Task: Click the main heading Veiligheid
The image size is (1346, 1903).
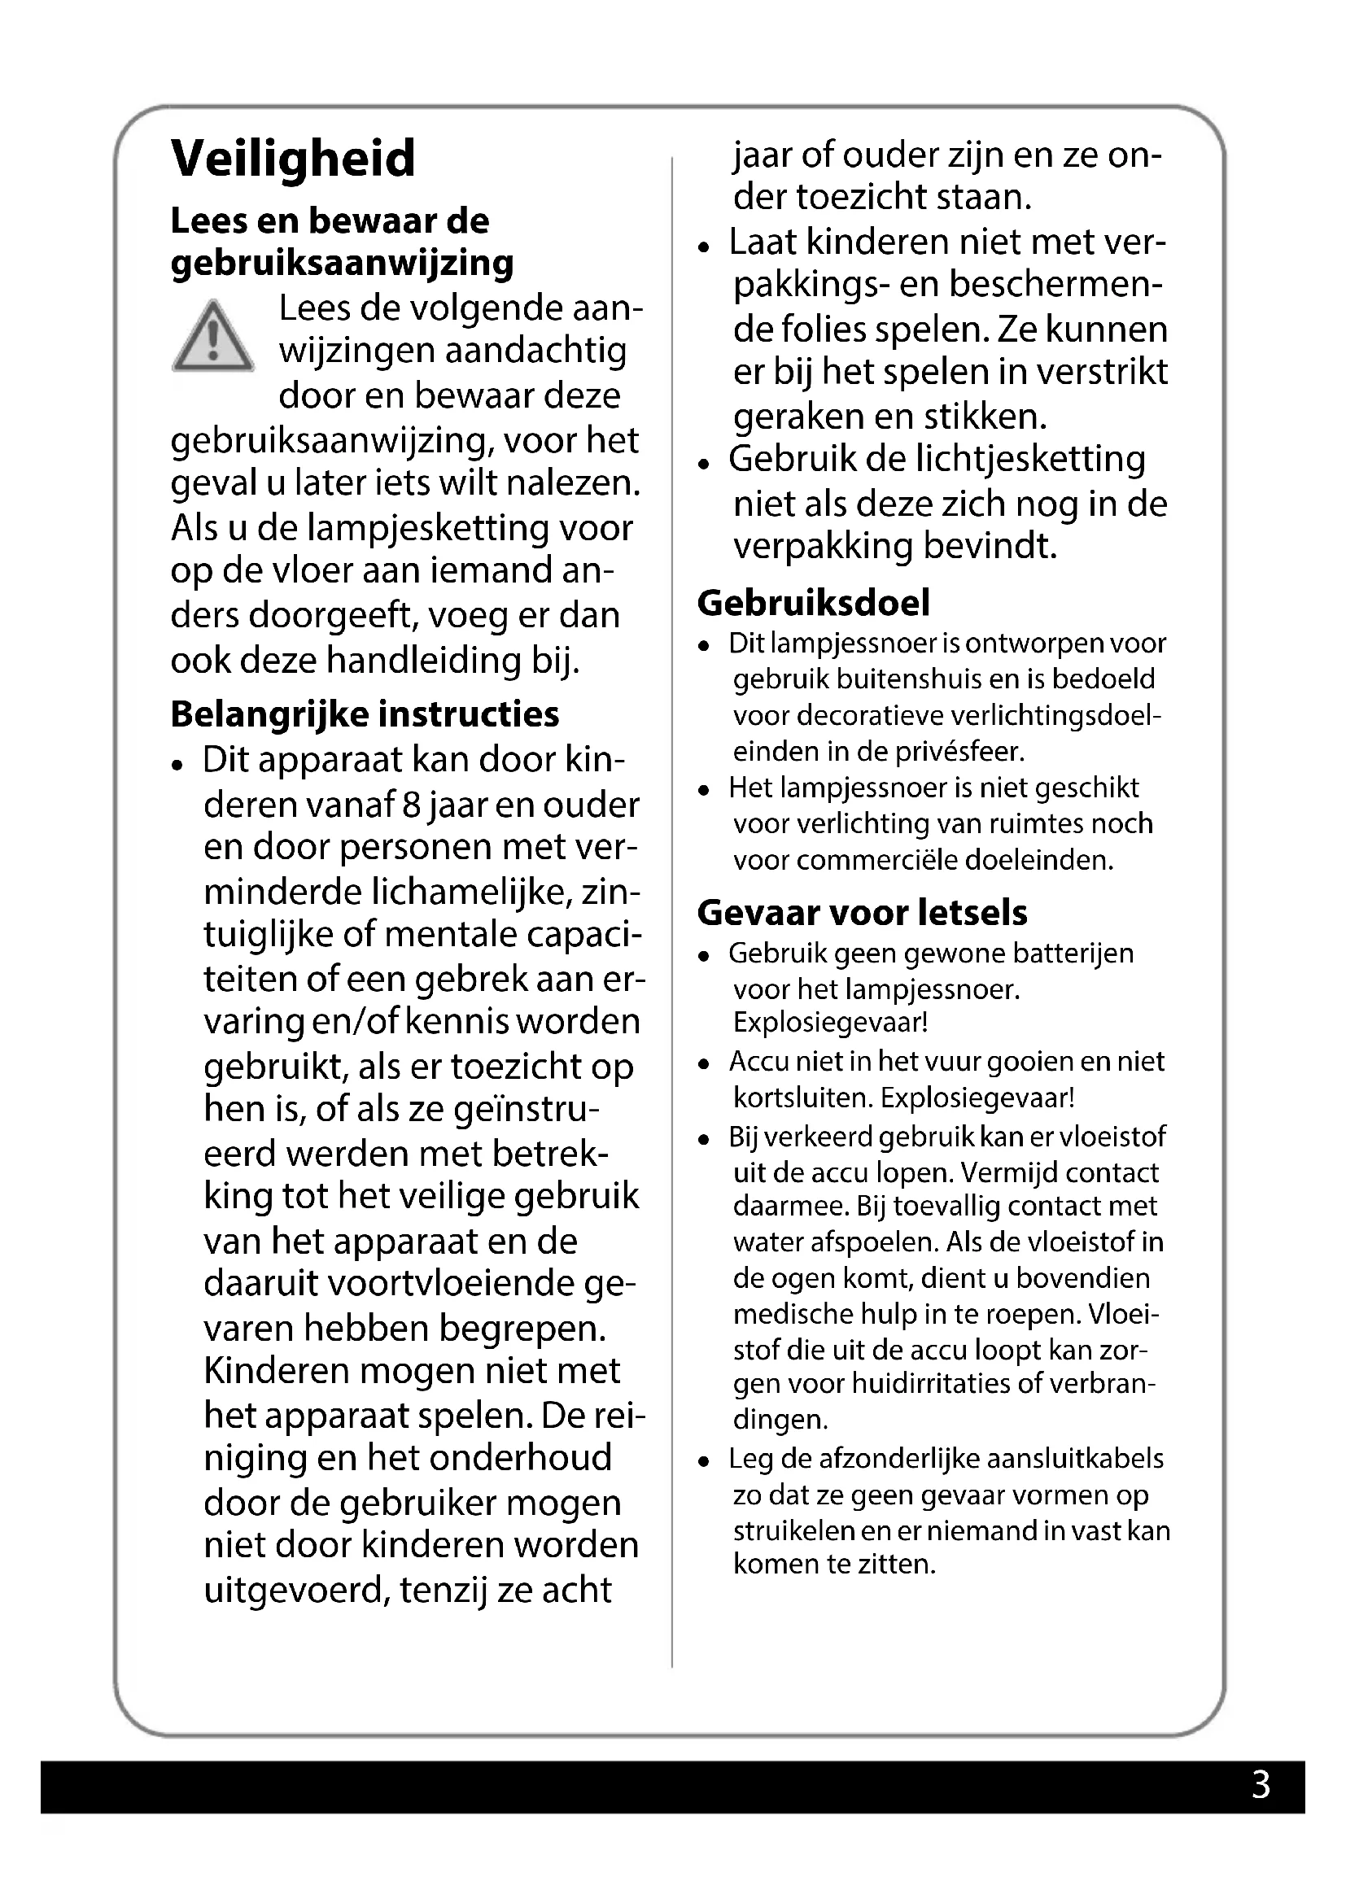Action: click(293, 159)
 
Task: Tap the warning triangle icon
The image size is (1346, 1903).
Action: click(213, 338)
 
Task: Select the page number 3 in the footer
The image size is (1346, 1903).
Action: click(1260, 1784)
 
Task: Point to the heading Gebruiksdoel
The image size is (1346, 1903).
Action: click(813, 603)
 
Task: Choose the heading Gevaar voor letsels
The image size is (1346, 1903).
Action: click(862, 913)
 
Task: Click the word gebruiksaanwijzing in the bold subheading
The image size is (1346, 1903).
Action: click(343, 264)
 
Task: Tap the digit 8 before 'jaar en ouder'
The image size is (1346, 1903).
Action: click(409, 805)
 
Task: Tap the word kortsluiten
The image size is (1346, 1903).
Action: click(802, 1098)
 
